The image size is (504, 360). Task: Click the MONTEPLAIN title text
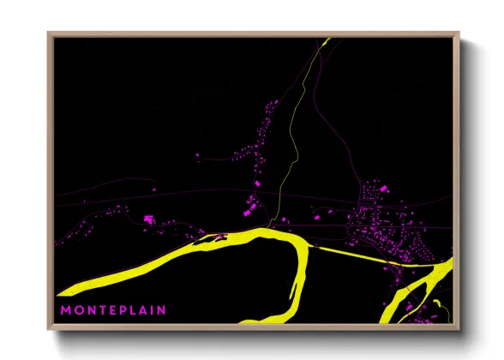[x=113, y=309]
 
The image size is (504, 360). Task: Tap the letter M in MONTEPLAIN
[x=65, y=309]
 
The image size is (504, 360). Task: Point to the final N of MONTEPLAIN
[x=162, y=309]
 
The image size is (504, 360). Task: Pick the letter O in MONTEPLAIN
[x=79, y=309]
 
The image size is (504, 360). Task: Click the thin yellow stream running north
[x=295, y=129]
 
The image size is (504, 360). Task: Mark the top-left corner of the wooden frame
[x=50, y=34]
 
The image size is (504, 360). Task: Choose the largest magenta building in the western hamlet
[x=147, y=219]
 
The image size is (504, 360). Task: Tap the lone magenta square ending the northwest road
[x=198, y=156]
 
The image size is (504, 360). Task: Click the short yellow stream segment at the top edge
[x=325, y=43]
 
